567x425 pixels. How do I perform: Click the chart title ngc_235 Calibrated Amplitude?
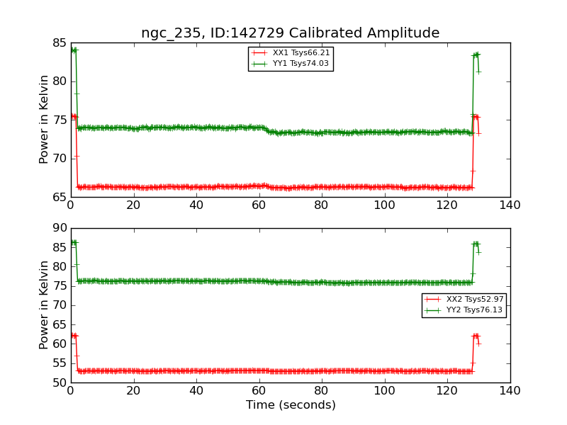pyautogui.click(x=290, y=33)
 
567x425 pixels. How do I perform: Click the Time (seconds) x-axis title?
pyautogui.click(x=291, y=405)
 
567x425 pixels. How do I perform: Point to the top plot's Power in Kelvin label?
pyautogui.click(x=45, y=119)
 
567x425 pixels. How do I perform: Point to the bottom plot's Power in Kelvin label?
pyautogui.click(x=45, y=305)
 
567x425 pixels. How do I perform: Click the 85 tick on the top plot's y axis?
pyautogui.click(x=58, y=42)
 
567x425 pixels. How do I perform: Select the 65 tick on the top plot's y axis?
pyautogui.click(x=58, y=197)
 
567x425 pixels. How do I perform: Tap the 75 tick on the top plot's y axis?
pyautogui.click(x=58, y=120)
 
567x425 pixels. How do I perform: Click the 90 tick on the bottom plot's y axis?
pyautogui.click(x=58, y=228)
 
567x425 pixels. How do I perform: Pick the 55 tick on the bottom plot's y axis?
pyautogui.click(x=58, y=363)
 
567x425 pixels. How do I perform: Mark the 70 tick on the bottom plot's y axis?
pyautogui.click(x=58, y=305)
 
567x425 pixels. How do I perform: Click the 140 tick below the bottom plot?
pyautogui.click(x=510, y=390)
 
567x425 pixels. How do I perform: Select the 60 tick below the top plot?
pyautogui.click(x=259, y=205)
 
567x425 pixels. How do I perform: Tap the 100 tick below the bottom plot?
pyautogui.click(x=385, y=390)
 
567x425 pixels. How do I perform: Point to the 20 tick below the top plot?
pyautogui.click(x=133, y=205)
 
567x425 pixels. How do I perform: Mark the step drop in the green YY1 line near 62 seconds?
pyautogui.click(x=266, y=130)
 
